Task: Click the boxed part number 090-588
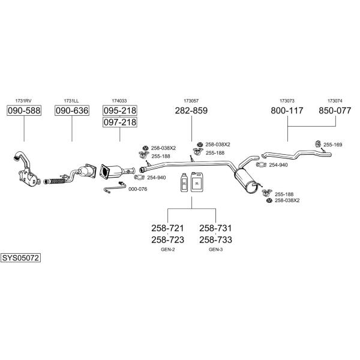point(24,110)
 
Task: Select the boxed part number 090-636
point(72,110)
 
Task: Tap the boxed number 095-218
point(120,110)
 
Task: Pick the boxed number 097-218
point(120,122)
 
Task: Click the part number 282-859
point(191,110)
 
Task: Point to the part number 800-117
point(287,110)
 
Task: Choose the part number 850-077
point(335,110)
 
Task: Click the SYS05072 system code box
point(20,258)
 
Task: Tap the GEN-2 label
point(168,250)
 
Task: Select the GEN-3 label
point(215,250)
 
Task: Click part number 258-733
point(215,239)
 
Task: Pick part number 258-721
point(167,228)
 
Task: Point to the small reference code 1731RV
point(23,101)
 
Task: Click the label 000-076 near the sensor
point(138,189)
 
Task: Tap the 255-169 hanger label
point(332,145)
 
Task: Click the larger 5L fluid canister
point(197,182)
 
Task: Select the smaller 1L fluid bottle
point(184,182)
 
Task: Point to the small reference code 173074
point(335,101)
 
